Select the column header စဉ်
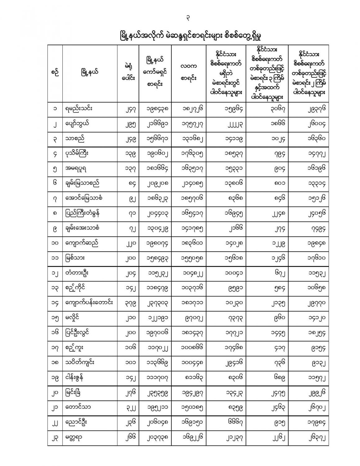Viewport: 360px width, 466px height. point(55,73)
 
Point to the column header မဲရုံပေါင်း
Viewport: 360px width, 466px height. point(128,73)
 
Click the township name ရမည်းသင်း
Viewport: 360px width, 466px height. point(79,109)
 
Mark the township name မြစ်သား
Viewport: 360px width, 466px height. point(75,258)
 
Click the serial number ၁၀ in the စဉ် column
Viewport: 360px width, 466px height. point(55,243)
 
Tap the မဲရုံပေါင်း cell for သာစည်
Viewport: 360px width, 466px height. point(128,139)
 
